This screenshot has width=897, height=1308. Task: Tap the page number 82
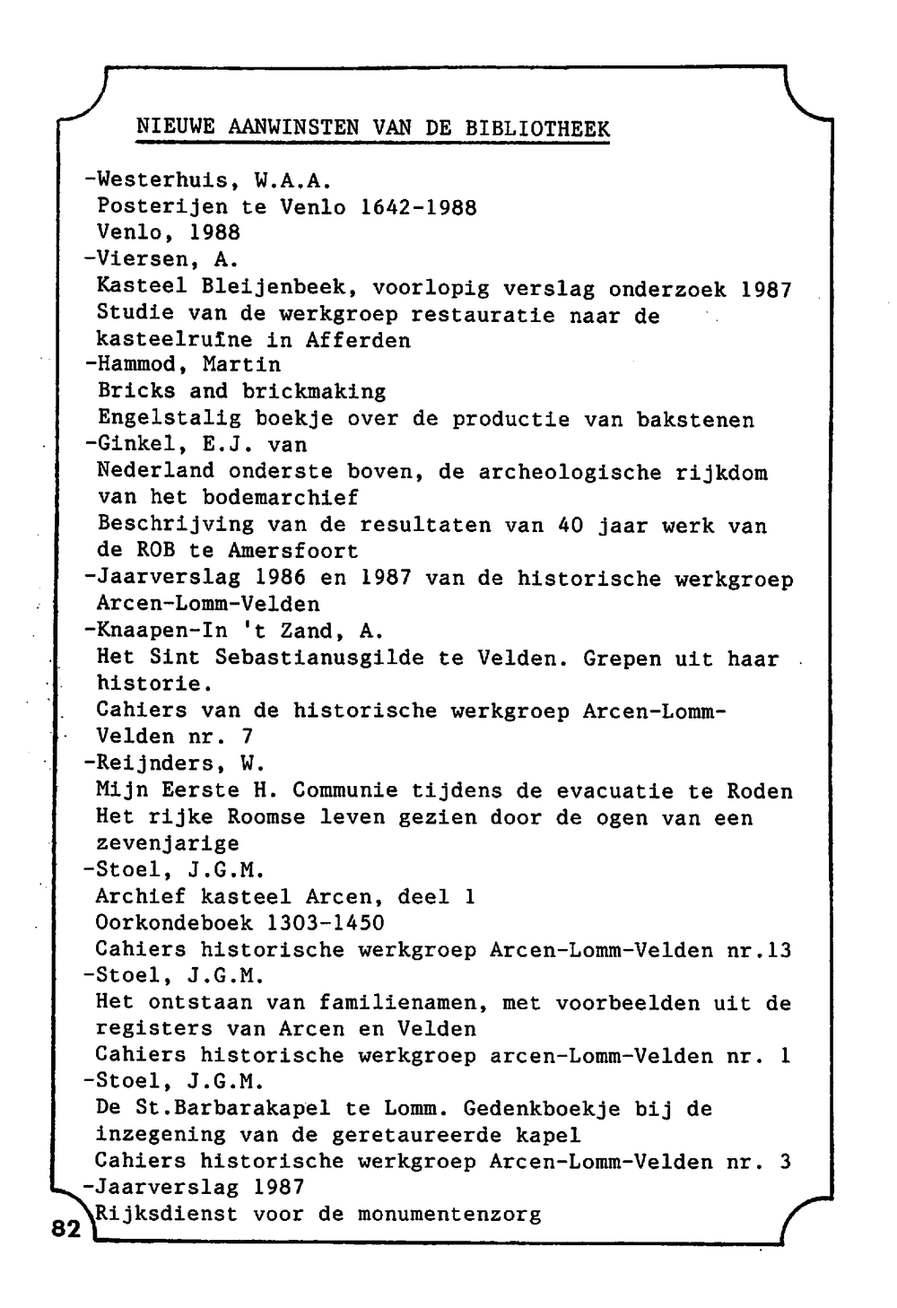65,1228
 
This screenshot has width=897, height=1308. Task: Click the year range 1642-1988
418,207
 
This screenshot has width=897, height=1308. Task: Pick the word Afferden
358,340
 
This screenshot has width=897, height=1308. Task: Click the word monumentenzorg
449,1215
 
